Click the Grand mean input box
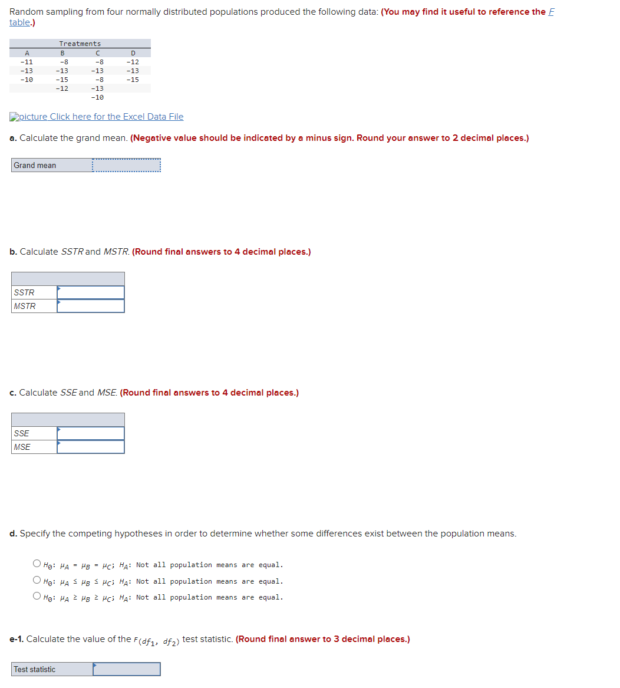pos(126,166)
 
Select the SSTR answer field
pos(91,292)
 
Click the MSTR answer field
pos(91,306)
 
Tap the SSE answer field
pos(91,433)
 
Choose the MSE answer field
pos(91,447)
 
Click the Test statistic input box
pos(126,669)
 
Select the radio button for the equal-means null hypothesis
pos(37,565)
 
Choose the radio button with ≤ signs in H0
pos(37,581)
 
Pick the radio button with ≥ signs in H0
pos(37,597)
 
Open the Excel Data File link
pos(101,117)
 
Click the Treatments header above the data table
pos(80,44)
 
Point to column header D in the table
pos(133,53)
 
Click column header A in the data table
pos(27,53)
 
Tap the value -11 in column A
pos(27,62)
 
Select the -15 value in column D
pos(133,80)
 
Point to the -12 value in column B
pos(62,88)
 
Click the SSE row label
pos(22,433)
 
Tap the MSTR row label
pos(25,306)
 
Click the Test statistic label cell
pos(35,669)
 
